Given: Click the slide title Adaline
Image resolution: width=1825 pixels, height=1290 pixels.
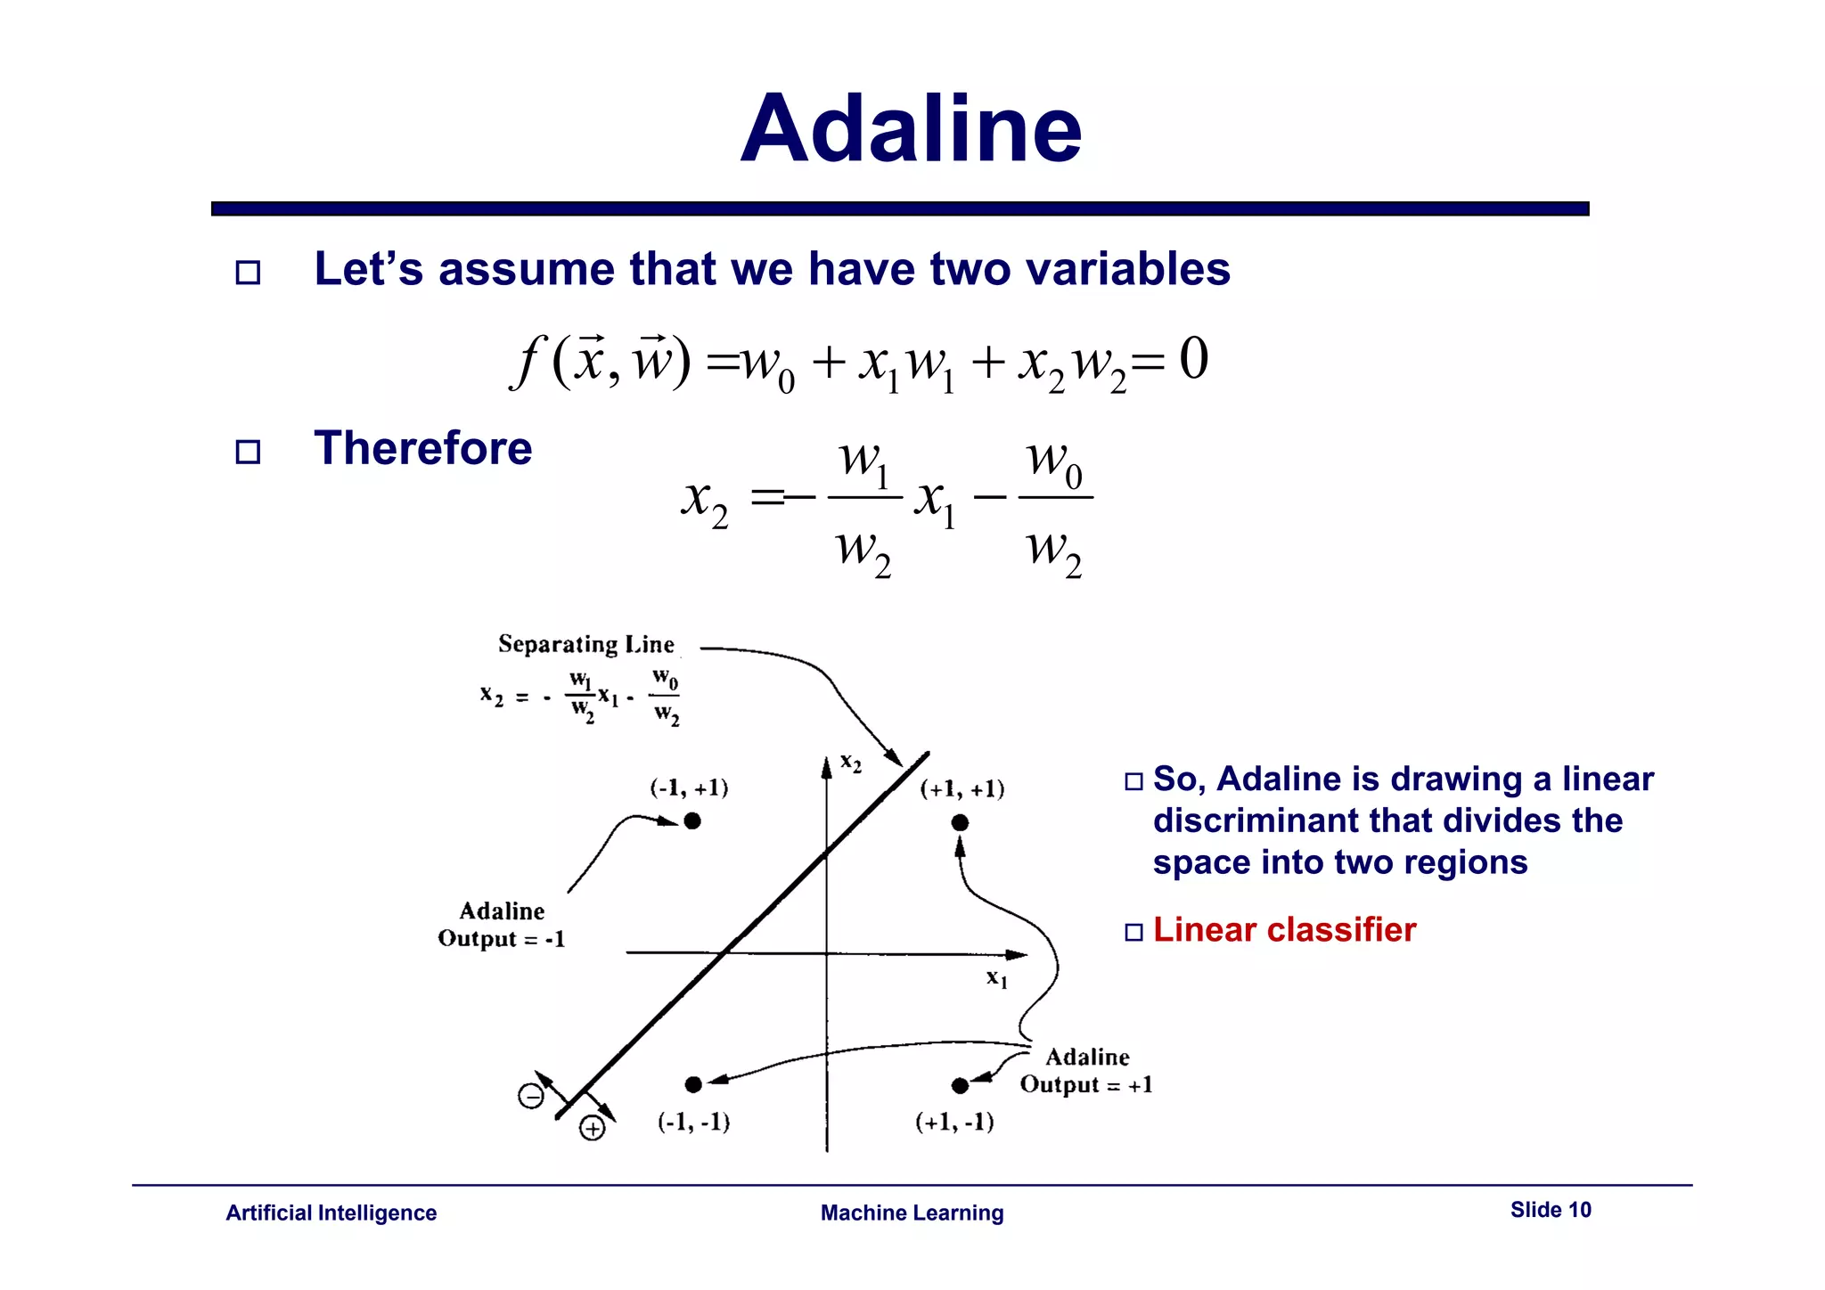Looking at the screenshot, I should click(911, 130).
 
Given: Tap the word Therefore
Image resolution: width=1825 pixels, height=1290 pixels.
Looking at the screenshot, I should click(422, 448).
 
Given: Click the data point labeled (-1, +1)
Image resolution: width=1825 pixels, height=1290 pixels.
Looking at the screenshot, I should click(692, 821).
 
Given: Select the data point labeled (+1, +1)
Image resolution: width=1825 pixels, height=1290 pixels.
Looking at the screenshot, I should click(960, 822).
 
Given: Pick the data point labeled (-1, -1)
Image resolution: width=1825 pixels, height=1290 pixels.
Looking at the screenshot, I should click(693, 1084).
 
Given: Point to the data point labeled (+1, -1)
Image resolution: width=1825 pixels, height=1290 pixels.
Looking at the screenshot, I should click(960, 1085).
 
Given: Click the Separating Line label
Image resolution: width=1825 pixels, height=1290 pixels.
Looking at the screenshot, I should click(585, 644).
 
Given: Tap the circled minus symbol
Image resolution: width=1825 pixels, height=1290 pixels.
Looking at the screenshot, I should click(531, 1096).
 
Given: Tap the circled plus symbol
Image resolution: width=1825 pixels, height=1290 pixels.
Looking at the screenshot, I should click(593, 1129).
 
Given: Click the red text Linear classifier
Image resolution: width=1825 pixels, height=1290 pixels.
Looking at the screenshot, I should click(1283, 930).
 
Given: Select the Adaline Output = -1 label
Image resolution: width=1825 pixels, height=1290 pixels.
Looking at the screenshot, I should click(502, 925).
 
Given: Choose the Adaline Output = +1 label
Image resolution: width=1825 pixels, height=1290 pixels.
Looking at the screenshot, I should click(1086, 1071).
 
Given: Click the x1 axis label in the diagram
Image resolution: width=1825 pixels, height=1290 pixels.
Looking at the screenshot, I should click(996, 978).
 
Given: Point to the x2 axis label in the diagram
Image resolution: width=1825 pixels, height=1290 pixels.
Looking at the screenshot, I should click(851, 763).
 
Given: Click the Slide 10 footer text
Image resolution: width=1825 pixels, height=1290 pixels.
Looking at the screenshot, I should click(1550, 1210).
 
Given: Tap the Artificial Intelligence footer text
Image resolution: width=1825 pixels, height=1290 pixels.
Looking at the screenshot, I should click(331, 1213).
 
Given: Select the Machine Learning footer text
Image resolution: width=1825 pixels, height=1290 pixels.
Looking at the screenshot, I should click(912, 1213).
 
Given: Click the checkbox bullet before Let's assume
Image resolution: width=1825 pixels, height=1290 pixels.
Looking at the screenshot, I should click(248, 272).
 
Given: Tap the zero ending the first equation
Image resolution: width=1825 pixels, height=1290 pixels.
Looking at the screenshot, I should click(1193, 359).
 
